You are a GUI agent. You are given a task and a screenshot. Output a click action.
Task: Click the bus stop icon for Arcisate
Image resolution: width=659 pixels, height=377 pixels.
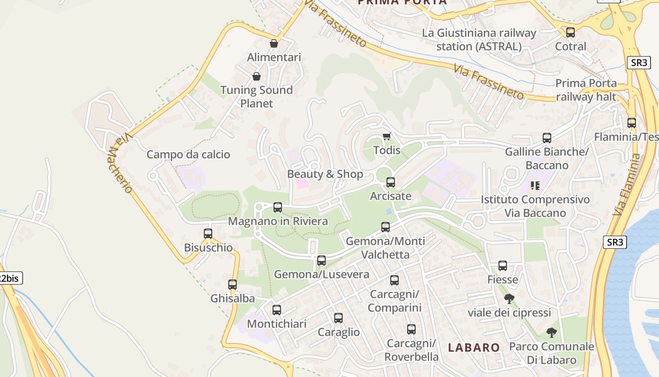pos(391,182)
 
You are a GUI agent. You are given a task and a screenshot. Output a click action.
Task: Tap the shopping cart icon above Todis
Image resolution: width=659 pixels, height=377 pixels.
pos(386,137)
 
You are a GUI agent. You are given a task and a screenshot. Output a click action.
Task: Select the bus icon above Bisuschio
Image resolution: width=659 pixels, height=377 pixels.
pos(208,233)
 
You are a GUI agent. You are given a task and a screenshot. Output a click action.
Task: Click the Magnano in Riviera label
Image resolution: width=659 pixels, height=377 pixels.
pos(278,221)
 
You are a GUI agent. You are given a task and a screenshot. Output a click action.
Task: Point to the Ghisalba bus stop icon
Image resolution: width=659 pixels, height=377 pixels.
pos(233,284)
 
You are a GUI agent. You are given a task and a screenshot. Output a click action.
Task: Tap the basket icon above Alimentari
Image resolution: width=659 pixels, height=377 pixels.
pos(274,43)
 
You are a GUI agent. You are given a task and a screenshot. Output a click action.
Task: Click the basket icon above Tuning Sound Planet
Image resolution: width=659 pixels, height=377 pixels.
pos(257,76)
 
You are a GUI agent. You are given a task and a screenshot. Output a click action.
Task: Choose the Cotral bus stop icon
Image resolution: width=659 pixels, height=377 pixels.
pos(571,32)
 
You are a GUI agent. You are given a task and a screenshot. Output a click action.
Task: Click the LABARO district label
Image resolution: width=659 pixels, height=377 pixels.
pos(474,348)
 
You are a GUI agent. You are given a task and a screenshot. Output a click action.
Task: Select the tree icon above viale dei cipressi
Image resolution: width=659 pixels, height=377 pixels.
pos(509,298)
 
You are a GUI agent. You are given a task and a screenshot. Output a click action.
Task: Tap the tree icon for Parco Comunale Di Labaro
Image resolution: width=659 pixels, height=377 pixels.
pos(551,333)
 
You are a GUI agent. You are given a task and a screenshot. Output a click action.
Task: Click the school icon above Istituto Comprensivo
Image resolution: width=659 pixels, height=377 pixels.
pos(535,186)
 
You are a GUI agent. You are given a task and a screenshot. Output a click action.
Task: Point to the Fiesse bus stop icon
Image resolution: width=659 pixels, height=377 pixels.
pos(503,265)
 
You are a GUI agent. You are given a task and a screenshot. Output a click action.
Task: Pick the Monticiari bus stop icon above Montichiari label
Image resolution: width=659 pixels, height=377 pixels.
pos(277,310)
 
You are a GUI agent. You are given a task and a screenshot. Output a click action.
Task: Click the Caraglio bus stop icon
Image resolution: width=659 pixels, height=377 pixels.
pos(338,318)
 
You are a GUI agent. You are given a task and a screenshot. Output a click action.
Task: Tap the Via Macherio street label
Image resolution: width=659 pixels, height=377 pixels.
pos(120,163)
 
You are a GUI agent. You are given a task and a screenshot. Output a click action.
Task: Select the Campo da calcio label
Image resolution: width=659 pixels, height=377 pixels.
pos(188,155)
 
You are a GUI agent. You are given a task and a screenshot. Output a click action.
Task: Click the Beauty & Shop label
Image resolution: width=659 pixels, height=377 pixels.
pos(325,174)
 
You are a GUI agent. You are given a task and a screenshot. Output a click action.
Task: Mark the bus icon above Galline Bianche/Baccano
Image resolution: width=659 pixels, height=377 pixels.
pos(547,138)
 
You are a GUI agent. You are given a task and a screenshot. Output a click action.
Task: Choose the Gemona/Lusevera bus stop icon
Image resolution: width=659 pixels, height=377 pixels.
pos(321,260)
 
